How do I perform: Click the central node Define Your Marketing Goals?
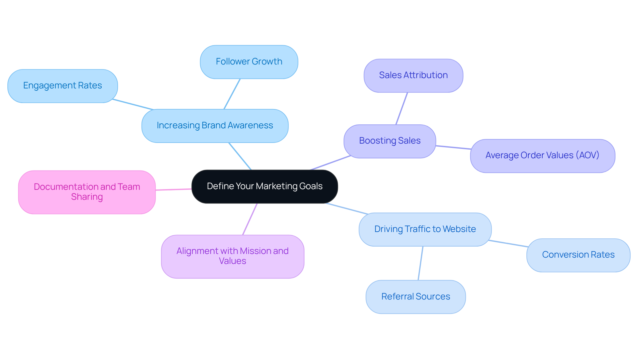coord(265,186)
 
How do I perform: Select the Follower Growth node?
coord(249,62)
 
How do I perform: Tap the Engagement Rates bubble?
coord(62,86)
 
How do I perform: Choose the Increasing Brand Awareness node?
coord(215,126)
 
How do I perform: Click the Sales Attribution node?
coord(413,75)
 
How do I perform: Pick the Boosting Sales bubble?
coord(389,141)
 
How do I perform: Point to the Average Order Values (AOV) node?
coord(542,156)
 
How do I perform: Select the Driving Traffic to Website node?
coord(425,229)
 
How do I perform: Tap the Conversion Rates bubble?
coord(578,255)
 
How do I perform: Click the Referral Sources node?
coord(415,297)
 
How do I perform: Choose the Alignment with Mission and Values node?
coord(232,256)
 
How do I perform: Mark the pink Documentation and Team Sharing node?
coord(87,192)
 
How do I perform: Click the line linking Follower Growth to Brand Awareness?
coord(232,94)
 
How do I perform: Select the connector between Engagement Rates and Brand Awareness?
coord(133,104)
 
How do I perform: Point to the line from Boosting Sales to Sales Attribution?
coord(401,109)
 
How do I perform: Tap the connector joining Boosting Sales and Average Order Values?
coord(453,147)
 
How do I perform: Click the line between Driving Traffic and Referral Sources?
coord(420,263)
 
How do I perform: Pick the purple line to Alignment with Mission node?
coord(250,219)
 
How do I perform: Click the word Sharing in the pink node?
coord(87,197)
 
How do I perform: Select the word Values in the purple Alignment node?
coord(232,261)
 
